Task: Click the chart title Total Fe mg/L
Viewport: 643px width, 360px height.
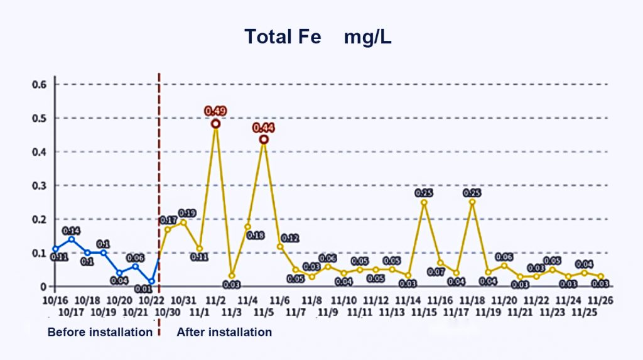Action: pos(318,37)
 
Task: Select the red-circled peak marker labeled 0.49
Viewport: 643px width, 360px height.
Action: pos(215,124)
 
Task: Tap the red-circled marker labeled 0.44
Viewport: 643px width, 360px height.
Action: pos(264,139)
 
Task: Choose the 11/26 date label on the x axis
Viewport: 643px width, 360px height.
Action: pos(601,300)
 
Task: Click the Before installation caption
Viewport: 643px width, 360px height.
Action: pos(100,332)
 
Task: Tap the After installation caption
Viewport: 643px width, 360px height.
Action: pos(224,332)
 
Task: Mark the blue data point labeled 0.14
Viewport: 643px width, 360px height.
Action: pos(72,239)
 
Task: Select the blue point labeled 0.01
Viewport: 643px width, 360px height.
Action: pos(151,281)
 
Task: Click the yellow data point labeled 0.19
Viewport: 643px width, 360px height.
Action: pos(183,222)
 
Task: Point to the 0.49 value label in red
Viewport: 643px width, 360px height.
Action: pos(215,111)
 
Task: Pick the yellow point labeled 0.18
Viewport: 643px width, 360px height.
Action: pos(247,226)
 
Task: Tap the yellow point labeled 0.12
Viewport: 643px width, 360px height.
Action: pos(280,246)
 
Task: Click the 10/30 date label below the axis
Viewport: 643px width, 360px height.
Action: pos(166,312)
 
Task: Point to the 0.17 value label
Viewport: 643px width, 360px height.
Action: pos(168,220)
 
